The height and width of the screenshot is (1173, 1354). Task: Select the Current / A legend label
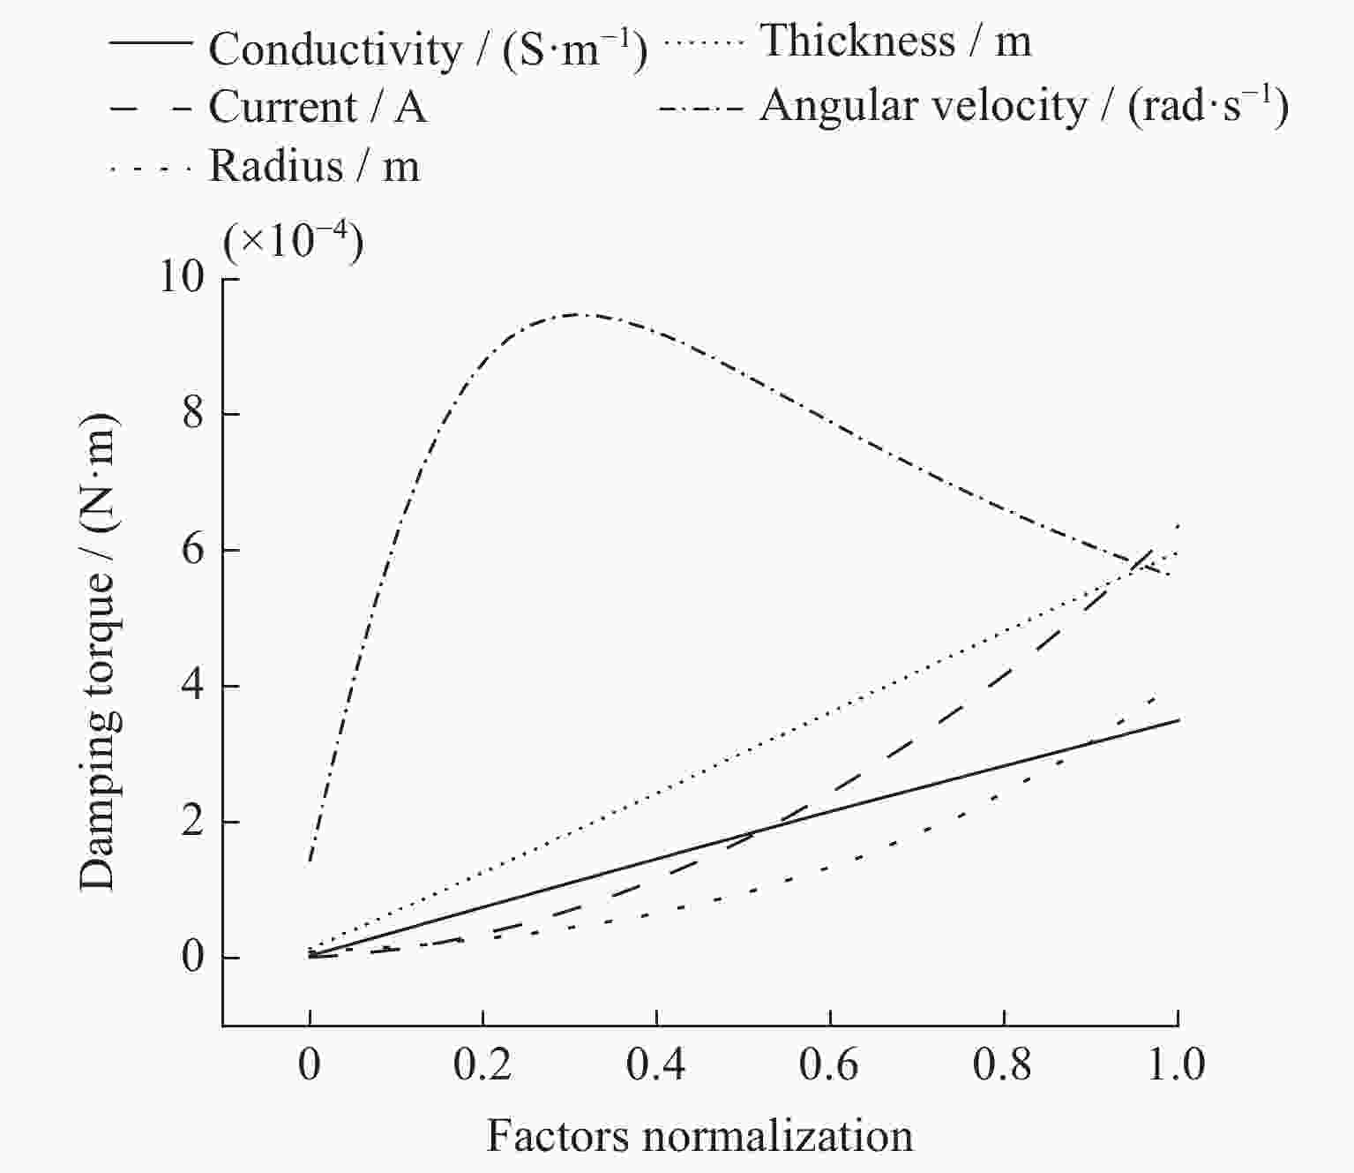(x=318, y=108)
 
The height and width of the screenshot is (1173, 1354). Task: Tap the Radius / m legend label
(x=314, y=166)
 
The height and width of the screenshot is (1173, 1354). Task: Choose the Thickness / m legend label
(x=895, y=41)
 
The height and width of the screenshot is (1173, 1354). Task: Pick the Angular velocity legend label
(x=1023, y=106)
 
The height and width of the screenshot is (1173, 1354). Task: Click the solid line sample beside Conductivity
(x=151, y=42)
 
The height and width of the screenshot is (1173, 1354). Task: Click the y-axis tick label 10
(x=180, y=278)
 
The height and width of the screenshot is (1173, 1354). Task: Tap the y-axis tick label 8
(x=193, y=414)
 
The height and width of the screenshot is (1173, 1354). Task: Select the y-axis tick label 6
(x=193, y=550)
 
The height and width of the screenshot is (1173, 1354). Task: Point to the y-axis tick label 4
(x=193, y=686)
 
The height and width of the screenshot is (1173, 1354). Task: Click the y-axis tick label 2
(x=193, y=822)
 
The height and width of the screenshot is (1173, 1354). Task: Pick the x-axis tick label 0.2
(x=483, y=1065)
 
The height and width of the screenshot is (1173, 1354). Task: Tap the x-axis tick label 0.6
(x=829, y=1065)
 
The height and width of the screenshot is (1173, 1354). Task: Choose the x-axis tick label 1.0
(x=1177, y=1065)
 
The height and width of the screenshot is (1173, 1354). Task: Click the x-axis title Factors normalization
(x=699, y=1136)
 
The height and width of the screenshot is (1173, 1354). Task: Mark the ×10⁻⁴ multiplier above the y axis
(x=293, y=240)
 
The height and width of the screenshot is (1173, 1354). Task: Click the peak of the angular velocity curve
(x=578, y=313)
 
